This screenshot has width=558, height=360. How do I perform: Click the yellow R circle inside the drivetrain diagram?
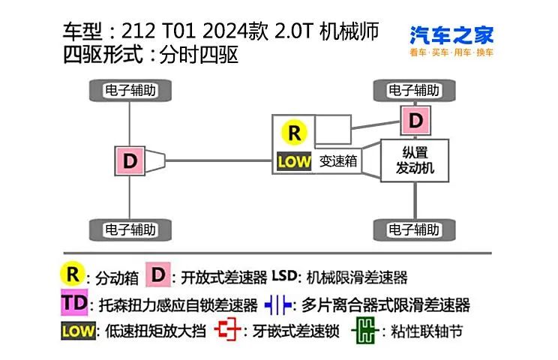pos(294,132)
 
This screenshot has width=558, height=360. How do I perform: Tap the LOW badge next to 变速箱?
pos(294,161)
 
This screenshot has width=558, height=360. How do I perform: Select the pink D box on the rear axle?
pos(130,160)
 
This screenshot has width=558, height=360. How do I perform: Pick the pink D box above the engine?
pos(415,120)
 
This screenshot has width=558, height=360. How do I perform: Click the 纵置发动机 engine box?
pos(415,160)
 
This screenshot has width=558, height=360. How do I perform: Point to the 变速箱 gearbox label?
pos(338,161)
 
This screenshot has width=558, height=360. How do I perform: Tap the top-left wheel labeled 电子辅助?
pos(130,90)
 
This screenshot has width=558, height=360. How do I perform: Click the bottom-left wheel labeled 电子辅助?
pos(130,229)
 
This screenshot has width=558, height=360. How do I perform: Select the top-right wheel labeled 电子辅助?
pos(414,90)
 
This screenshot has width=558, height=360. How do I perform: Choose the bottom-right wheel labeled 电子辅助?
pos(414,229)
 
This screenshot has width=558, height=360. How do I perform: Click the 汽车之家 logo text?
pos(451,34)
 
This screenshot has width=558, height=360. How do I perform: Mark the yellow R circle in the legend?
pos(73,274)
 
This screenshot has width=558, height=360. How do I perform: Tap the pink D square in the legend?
pos(158,274)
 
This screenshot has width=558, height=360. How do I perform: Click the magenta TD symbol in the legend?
pos(74,302)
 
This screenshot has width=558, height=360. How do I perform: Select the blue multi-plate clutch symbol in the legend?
pos(278,305)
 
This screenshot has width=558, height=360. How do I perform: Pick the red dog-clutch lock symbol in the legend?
pos(228,329)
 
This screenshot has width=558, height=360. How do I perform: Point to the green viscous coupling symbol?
pos(365,331)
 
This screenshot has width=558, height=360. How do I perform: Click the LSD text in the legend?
pos(285,276)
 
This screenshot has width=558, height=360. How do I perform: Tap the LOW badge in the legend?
pos(78,331)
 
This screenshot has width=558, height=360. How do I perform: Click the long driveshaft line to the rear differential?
pos(218,160)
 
